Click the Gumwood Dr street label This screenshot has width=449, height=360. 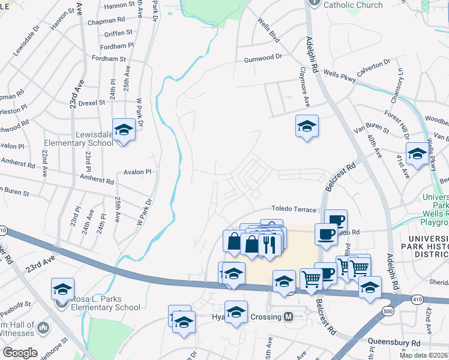262,59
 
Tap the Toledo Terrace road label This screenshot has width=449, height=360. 293,209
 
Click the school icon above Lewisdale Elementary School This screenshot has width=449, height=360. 124,129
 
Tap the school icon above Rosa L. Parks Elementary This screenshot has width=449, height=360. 62,289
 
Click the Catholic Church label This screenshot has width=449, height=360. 352,5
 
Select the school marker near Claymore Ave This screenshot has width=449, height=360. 307,126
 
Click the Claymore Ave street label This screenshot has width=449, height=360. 305,93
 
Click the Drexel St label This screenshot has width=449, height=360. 91,103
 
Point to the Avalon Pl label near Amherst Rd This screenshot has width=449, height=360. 137,172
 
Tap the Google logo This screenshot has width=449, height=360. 20,353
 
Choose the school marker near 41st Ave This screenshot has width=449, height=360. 417,154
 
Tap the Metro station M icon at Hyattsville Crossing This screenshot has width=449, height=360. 288,317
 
